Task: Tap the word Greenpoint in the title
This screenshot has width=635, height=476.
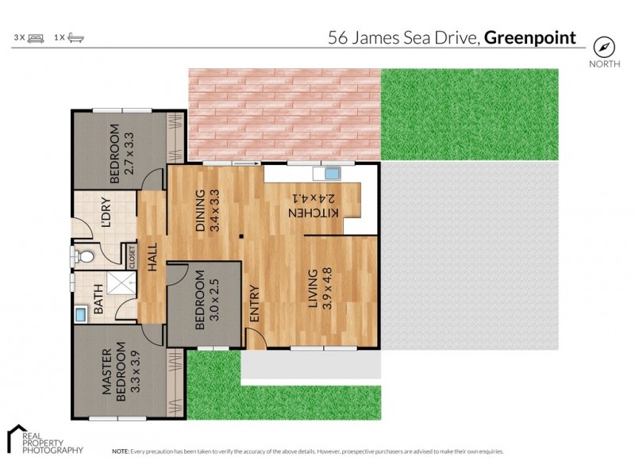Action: [x=530, y=38]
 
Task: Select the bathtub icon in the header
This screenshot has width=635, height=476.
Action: [x=76, y=38]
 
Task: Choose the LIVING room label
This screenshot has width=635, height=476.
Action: [x=314, y=289]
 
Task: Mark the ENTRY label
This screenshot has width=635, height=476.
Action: [x=255, y=302]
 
